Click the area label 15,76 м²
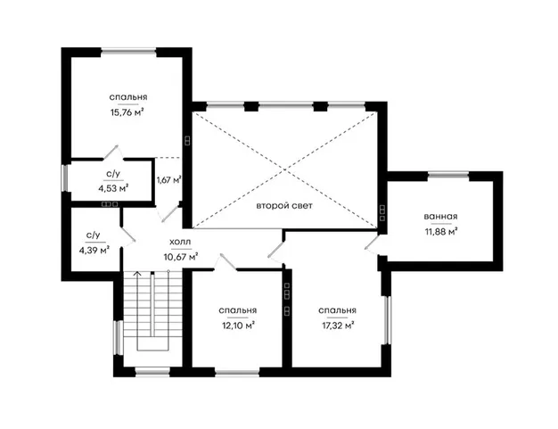tap(127, 112)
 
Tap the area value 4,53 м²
tap(113, 188)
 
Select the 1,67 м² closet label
tap(169, 180)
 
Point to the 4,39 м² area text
tap(94, 251)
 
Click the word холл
tap(180, 242)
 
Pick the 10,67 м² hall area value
tap(181, 256)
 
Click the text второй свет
tap(284, 206)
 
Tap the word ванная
tap(440, 217)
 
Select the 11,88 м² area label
tap(441, 232)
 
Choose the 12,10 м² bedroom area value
tap(238, 326)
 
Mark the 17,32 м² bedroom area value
tap(338, 326)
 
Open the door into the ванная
tap(371, 243)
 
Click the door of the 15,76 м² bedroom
tap(113, 152)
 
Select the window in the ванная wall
tap(448, 175)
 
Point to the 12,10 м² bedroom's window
tap(237, 373)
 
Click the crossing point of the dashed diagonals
tap(284, 170)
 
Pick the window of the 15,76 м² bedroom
tap(128, 52)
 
